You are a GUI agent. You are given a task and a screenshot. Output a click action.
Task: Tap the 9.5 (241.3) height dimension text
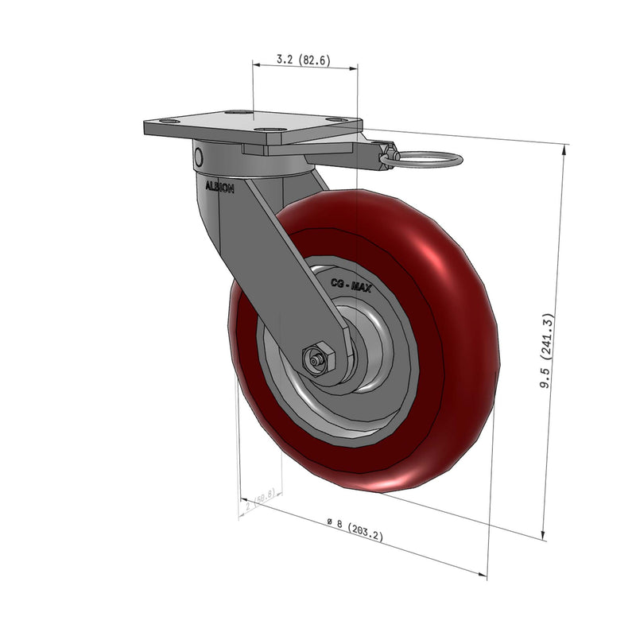click(547, 351)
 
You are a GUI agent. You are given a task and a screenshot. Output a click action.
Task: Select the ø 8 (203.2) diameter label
click(355, 529)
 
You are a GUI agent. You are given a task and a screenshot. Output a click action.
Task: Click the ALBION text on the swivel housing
click(219, 188)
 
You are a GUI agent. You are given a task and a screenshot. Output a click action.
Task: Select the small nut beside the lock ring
click(387, 150)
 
